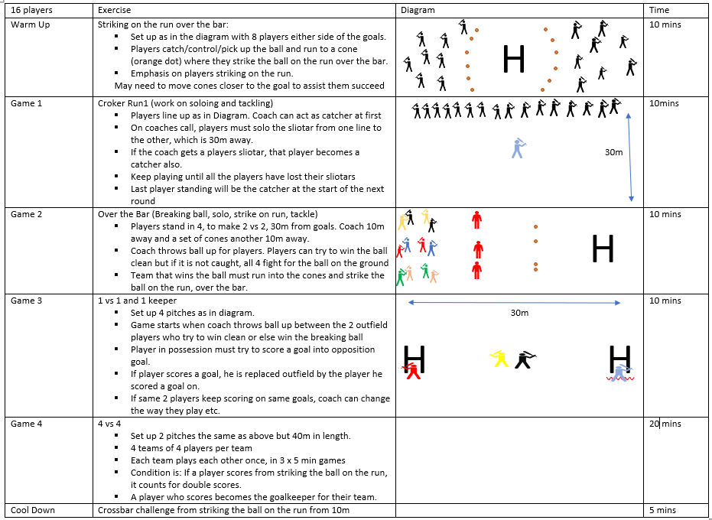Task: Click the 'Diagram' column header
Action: tap(418, 10)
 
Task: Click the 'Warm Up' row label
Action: tap(27, 24)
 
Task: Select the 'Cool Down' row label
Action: tap(32, 510)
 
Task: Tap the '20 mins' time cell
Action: tap(665, 424)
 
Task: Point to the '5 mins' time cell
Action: tap(662, 510)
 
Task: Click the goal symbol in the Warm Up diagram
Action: tap(514, 60)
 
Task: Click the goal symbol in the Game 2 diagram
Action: tap(603, 249)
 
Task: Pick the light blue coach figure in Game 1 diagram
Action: tap(519, 148)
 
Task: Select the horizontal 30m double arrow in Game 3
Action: tap(514, 304)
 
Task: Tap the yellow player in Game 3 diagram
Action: tap(500, 358)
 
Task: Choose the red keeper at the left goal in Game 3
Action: tap(412, 371)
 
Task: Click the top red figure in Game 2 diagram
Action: tap(477, 220)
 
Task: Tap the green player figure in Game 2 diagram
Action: tap(400, 277)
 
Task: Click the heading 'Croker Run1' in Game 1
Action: tap(122, 103)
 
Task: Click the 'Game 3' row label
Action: tap(27, 301)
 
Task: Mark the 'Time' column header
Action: tap(658, 10)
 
